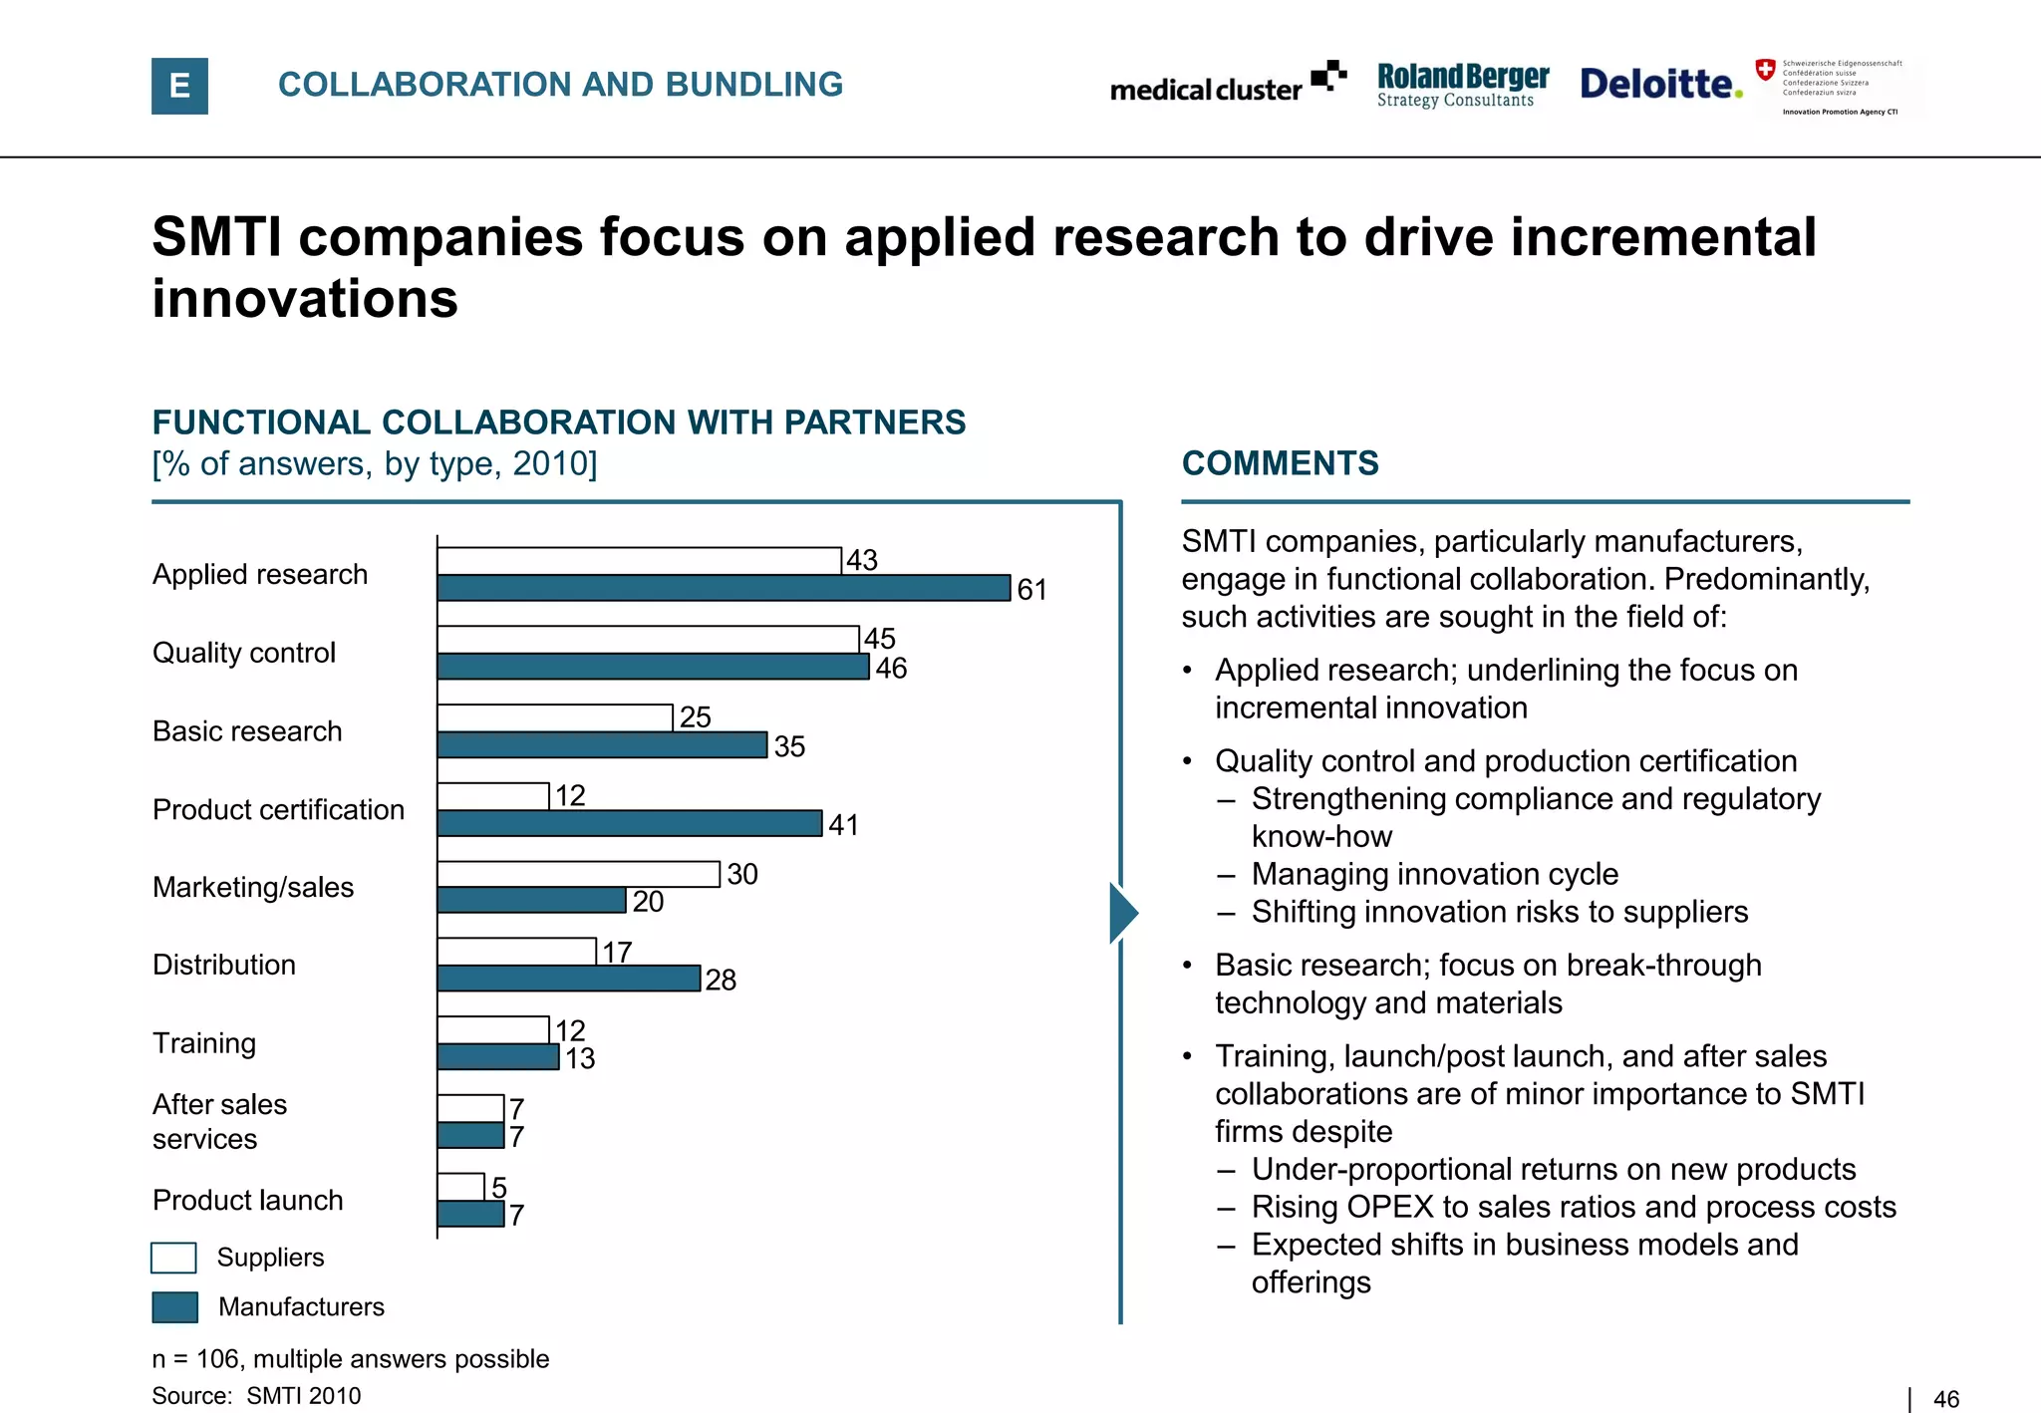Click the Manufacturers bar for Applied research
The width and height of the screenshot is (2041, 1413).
click(724, 588)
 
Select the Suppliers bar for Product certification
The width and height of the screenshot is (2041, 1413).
click(493, 796)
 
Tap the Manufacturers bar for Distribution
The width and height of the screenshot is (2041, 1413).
click(568, 979)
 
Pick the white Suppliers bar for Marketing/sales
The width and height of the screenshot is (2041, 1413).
click(578, 874)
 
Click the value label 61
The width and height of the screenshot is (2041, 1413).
click(1031, 590)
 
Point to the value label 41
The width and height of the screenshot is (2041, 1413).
click(843, 825)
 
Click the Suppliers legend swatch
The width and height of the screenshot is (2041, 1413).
click(173, 1258)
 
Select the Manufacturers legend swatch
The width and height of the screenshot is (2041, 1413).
click(174, 1306)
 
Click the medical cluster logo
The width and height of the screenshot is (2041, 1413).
click(1228, 86)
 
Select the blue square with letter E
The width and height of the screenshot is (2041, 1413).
click(179, 86)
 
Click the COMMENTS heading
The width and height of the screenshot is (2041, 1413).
click(1280, 463)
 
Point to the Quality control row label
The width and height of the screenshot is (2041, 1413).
click(244, 653)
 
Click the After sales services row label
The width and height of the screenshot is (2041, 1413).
click(219, 1121)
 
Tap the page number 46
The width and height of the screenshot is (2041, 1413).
click(1945, 1399)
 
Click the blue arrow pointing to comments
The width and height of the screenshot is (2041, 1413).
click(1123, 912)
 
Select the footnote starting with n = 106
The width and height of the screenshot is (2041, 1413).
click(350, 1359)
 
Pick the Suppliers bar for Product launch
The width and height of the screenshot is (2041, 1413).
click(460, 1187)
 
